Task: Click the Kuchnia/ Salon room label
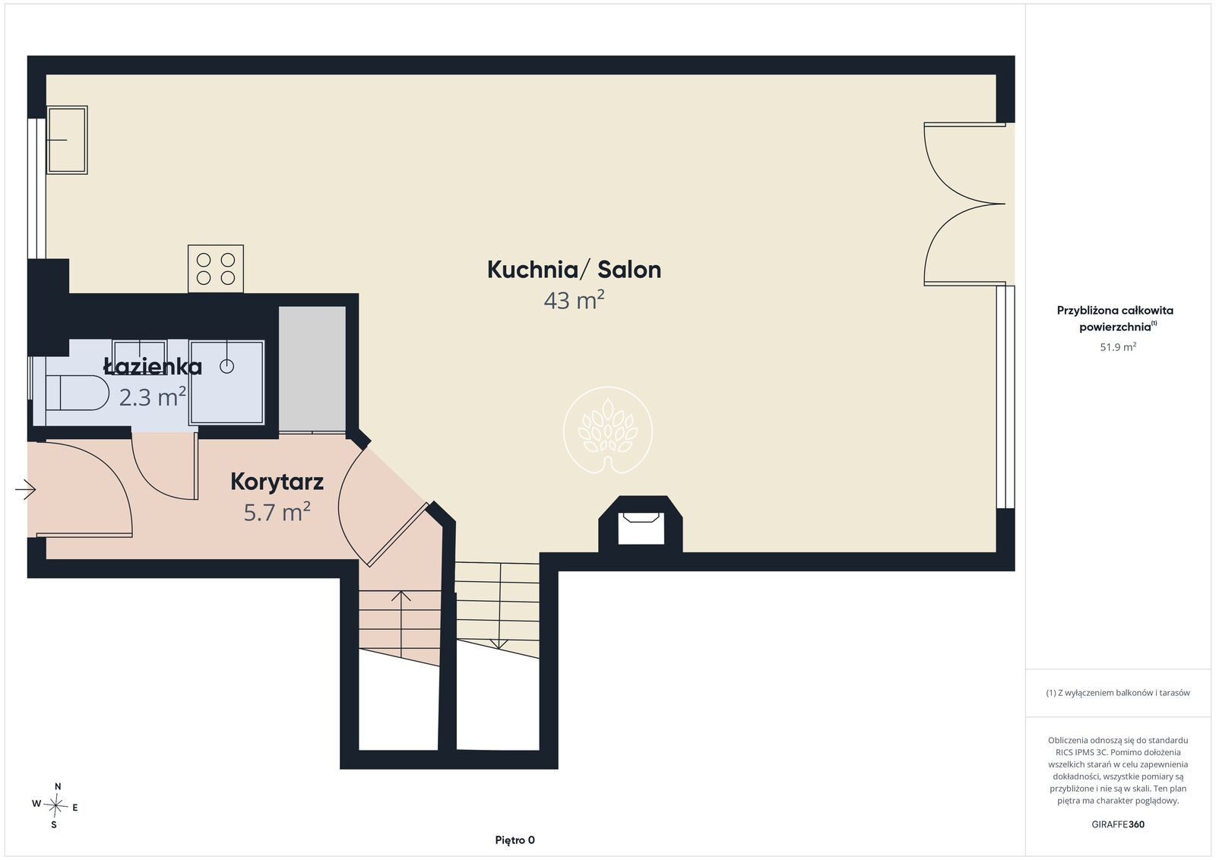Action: pyautogui.click(x=574, y=270)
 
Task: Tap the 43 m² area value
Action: pyautogui.click(x=574, y=300)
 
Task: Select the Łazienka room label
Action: pyautogui.click(x=153, y=367)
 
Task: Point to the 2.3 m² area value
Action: pyautogui.click(x=153, y=397)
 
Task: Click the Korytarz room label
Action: pyautogui.click(x=277, y=482)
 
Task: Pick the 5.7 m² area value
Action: pyautogui.click(x=277, y=511)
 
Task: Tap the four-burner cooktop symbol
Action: pyautogui.click(x=216, y=269)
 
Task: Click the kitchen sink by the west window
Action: pyautogui.click(x=67, y=140)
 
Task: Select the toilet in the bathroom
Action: pyautogui.click(x=77, y=393)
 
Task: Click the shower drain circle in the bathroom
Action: pyautogui.click(x=226, y=367)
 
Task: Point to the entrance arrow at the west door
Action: pyautogui.click(x=26, y=490)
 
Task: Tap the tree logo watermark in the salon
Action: pyautogui.click(x=608, y=430)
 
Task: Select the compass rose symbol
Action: pyautogui.click(x=55, y=806)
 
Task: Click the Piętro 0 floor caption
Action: pyautogui.click(x=515, y=840)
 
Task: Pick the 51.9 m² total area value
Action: pyautogui.click(x=1118, y=346)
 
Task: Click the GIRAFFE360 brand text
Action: pyautogui.click(x=1118, y=824)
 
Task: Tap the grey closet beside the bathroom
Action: pyautogui.click(x=312, y=369)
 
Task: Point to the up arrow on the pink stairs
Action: pyautogui.click(x=401, y=624)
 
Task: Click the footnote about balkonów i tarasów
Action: pyautogui.click(x=1118, y=693)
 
